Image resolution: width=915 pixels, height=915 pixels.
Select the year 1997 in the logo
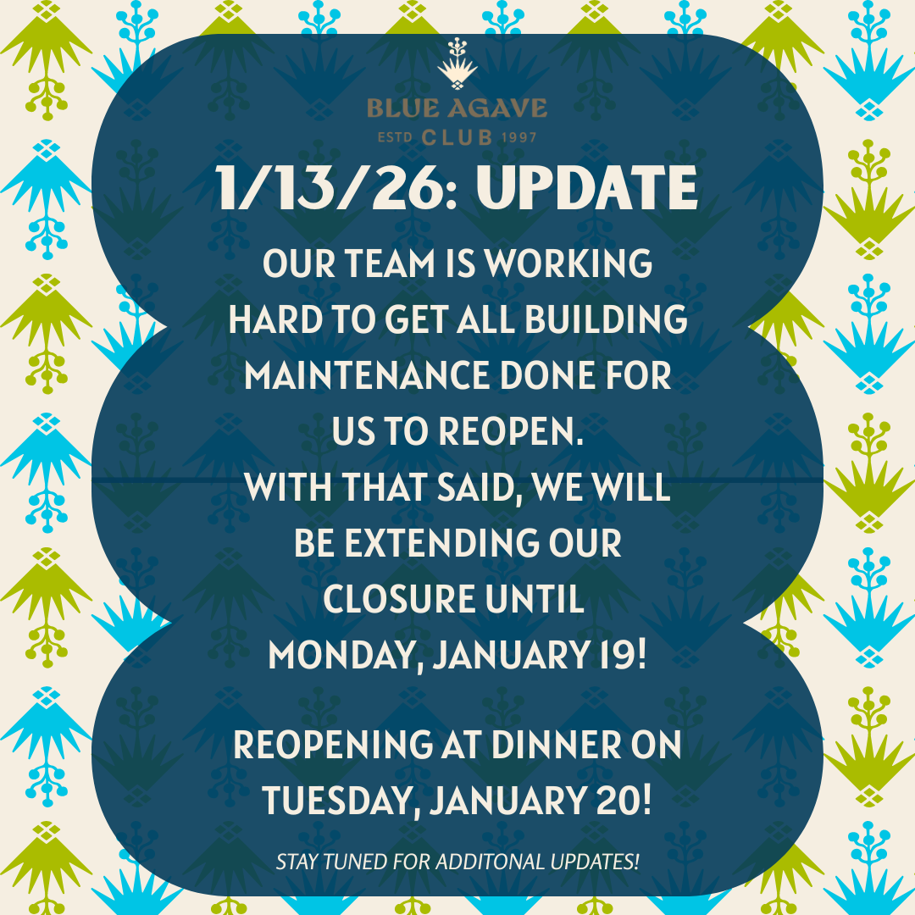click(x=518, y=138)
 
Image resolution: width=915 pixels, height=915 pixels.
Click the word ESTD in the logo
click(x=395, y=138)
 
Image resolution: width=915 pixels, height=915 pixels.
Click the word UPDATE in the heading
click(x=586, y=187)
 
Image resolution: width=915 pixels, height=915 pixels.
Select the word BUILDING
click(x=606, y=319)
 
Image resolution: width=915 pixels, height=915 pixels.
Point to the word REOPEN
click(x=511, y=431)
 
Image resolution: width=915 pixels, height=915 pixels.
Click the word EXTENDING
click(x=441, y=543)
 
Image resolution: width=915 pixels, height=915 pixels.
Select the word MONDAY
click(x=346, y=655)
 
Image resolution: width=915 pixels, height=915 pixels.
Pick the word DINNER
click(x=556, y=746)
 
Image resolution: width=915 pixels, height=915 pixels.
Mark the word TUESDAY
click(x=341, y=801)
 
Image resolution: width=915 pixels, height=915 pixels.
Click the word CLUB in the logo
click(x=457, y=138)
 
